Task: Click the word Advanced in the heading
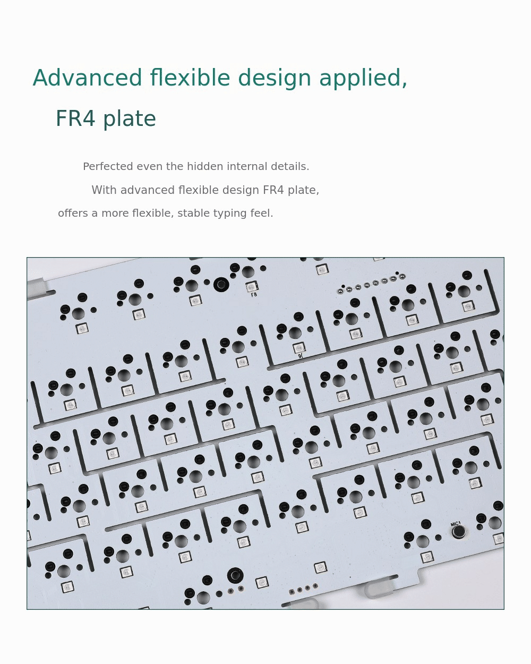(87, 78)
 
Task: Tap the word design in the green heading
(275, 79)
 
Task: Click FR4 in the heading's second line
(75, 118)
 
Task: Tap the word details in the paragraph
(290, 167)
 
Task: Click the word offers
(73, 213)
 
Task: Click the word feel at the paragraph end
(262, 213)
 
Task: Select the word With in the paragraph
(104, 190)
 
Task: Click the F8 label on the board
(254, 295)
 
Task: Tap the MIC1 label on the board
(456, 524)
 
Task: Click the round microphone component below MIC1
(459, 531)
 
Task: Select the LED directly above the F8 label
(252, 287)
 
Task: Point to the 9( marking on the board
(301, 356)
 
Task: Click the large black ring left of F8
(221, 285)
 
